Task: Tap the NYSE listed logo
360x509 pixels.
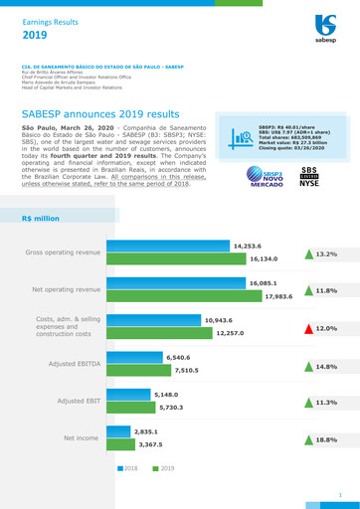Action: (309, 177)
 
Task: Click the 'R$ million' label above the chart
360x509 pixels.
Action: (41, 218)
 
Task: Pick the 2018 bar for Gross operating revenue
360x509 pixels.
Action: (170, 247)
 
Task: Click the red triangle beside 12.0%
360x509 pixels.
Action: (308, 328)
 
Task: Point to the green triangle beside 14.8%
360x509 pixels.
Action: (308, 365)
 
